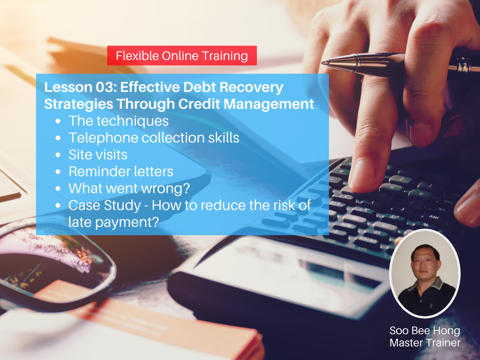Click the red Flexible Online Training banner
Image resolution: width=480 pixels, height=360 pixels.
(x=182, y=55)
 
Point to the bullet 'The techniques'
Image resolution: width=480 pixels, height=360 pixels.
(x=119, y=121)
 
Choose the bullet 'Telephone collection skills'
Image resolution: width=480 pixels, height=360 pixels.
(x=154, y=138)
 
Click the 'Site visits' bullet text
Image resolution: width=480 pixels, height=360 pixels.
(x=98, y=155)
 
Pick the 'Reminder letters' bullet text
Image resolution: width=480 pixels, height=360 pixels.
(x=121, y=172)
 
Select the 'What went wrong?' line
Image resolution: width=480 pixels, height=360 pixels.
(x=129, y=188)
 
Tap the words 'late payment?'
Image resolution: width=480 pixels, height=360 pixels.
(x=113, y=222)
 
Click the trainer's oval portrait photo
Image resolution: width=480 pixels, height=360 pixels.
(x=425, y=273)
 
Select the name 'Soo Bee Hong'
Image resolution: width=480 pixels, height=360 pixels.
(x=425, y=330)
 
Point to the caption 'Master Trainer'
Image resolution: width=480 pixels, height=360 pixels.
(x=425, y=343)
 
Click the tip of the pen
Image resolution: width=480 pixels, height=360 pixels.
(x=322, y=63)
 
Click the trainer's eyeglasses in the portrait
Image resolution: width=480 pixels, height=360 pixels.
(x=424, y=261)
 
